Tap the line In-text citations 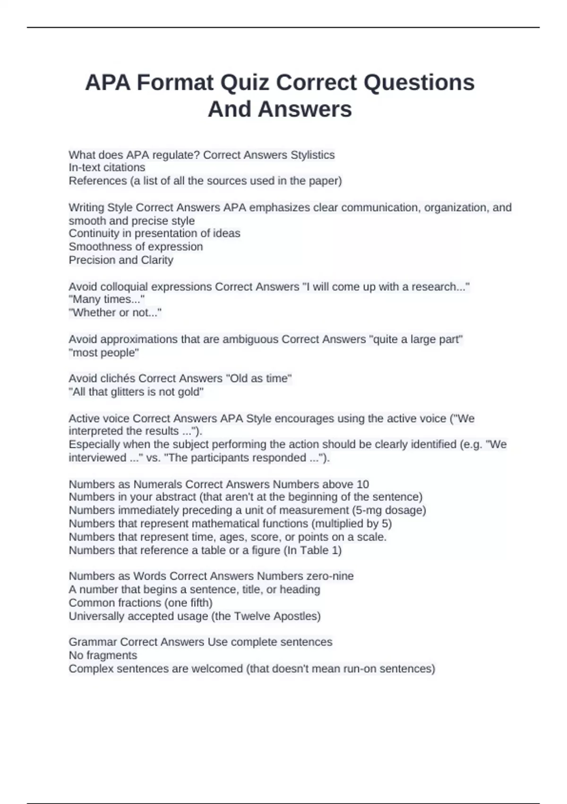click(x=107, y=167)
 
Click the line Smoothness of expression click(x=136, y=246)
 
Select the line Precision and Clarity click(x=121, y=260)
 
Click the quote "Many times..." click(x=107, y=299)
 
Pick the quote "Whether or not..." click(x=115, y=313)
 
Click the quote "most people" click(x=104, y=353)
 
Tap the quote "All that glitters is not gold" click(x=136, y=392)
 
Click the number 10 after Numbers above click(x=362, y=484)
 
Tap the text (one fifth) click(x=189, y=603)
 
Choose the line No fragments click(x=103, y=655)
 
